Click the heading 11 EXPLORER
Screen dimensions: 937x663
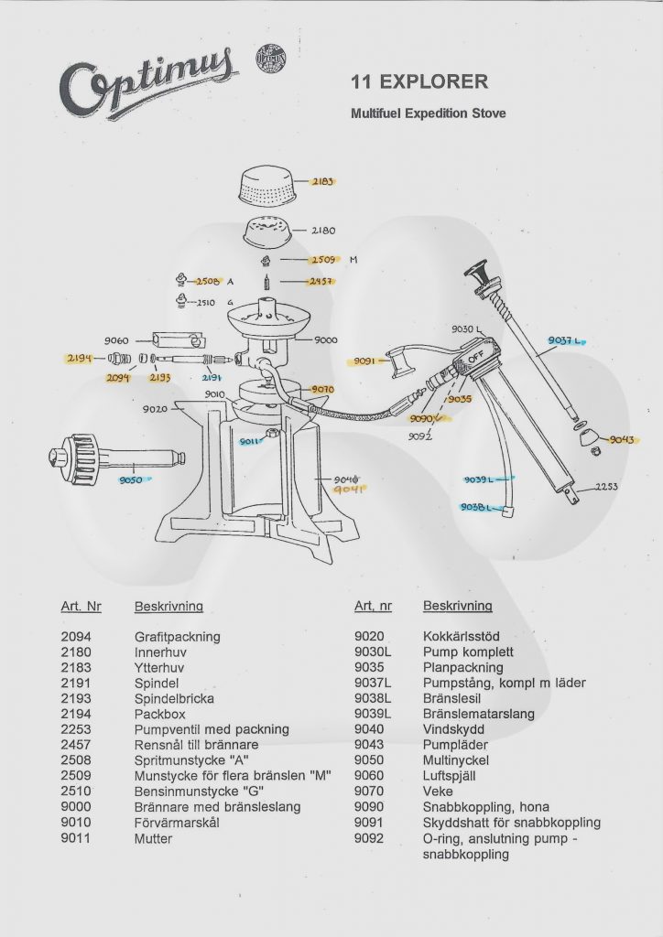[419, 81]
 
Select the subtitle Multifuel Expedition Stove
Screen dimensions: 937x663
[428, 114]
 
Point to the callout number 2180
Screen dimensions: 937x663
[323, 232]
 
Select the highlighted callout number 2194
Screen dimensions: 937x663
[80, 359]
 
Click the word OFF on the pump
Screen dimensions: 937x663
[475, 360]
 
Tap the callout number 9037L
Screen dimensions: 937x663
[563, 340]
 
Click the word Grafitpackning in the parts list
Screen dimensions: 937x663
[178, 637]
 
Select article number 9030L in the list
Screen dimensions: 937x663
[373, 652]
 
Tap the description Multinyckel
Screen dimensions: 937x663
[456, 760]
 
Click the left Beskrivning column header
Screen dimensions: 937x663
[168, 606]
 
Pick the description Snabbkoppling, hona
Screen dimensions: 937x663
[485, 807]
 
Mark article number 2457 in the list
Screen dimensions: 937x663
[76, 745]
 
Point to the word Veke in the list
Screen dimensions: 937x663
[437, 792]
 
